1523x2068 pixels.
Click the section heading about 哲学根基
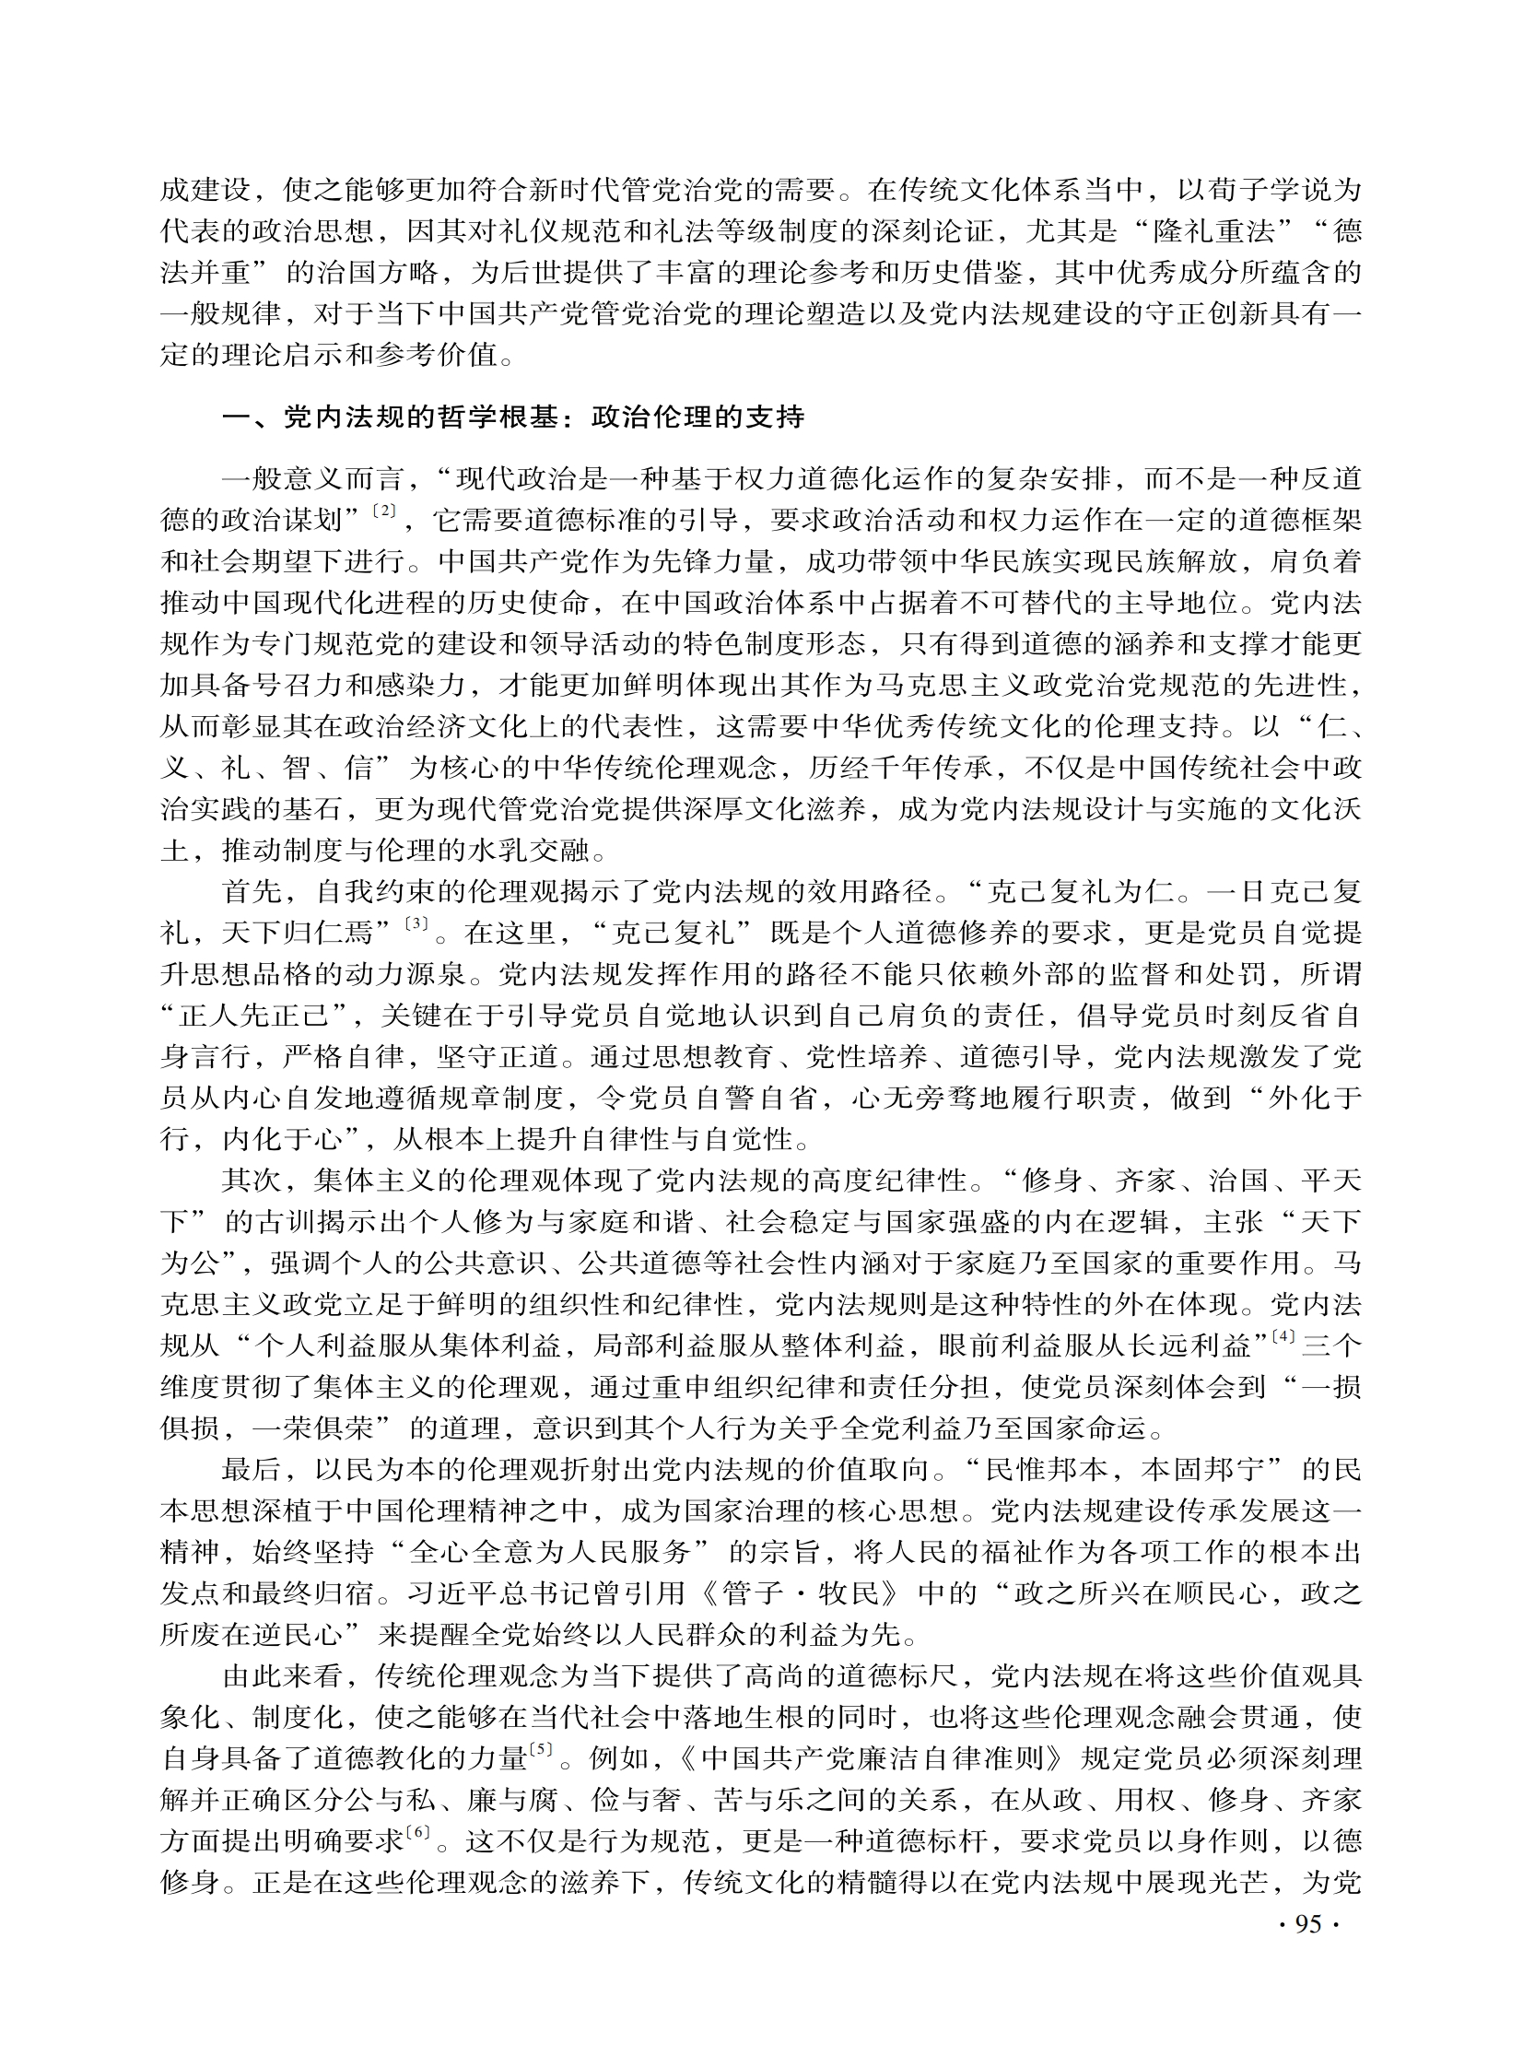pyautogui.click(x=513, y=417)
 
